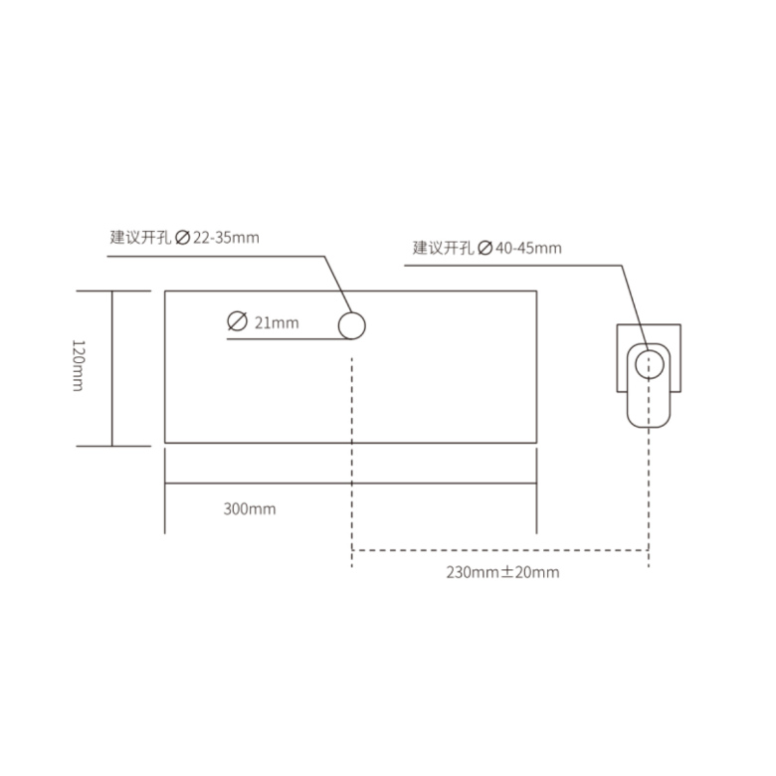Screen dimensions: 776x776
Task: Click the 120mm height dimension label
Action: tap(79, 365)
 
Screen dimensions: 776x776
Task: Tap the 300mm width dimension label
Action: tap(250, 508)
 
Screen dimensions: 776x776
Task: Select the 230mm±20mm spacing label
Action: tap(502, 572)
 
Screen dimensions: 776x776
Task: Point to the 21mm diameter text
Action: tap(277, 323)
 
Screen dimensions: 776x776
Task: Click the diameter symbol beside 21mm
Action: tap(237, 321)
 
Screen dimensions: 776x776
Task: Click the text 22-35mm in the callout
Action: tap(226, 238)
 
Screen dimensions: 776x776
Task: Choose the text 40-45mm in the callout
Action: tap(528, 248)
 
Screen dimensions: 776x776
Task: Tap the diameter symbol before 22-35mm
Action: tap(183, 238)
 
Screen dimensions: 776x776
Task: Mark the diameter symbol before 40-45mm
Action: tap(485, 248)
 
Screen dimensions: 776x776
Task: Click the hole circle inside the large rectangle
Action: tap(352, 312)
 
